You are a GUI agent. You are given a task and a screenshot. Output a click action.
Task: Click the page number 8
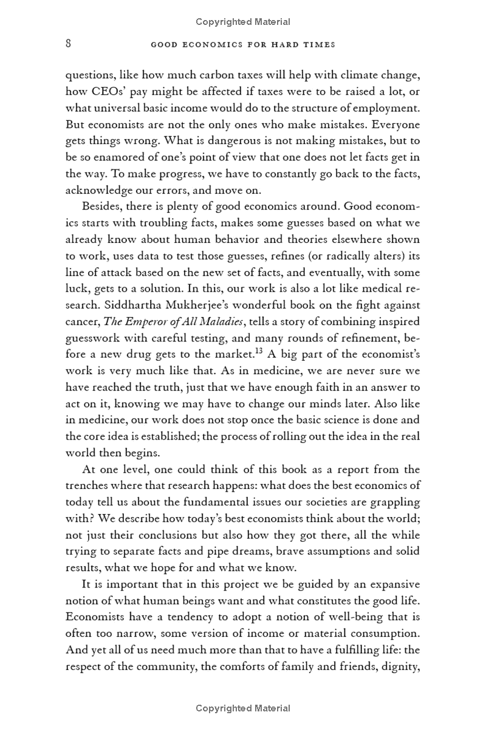pyautogui.click(x=69, y=44)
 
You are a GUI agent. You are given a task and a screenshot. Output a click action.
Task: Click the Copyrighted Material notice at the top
pyautogui.click(x=243, y=22)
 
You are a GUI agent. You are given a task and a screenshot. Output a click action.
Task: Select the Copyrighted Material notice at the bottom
pyautogui.click(x=243, y=708)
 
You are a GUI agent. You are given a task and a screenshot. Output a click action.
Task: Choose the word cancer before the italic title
pyautogui.click(x=82, y=321)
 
